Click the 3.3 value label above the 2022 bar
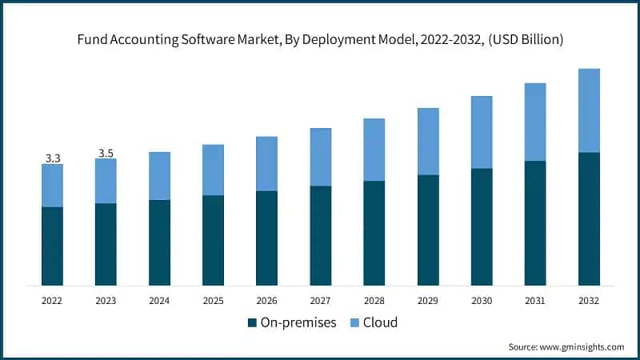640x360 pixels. (x=53, y=158)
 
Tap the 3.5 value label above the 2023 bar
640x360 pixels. (x=106, y=153)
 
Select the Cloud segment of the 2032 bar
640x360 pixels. (x=589, y=110)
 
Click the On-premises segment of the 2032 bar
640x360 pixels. (x=589, y=218)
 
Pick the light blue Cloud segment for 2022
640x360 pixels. (x=53, y=186)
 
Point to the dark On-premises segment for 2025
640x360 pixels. (x=213, y=240)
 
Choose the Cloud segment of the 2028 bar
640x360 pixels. (x=374, y=150)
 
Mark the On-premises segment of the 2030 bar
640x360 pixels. (x=482, y=226)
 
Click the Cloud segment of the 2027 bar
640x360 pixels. (x=320, y=157)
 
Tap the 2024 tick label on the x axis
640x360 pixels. (x=159, y=301)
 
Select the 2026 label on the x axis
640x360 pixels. (x=266, y=301)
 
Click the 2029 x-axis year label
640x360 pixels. (x=428, y=301)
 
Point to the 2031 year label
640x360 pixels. (x=535, y=301)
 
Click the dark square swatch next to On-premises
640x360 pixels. (x=253, y=323)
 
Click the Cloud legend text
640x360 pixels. (x=381, y=323)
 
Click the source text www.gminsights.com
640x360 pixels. (x=582, y=347)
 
